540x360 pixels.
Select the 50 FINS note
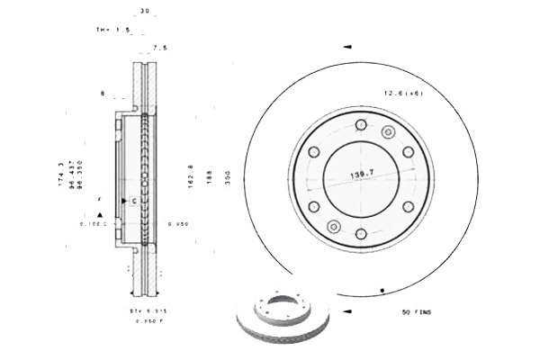(x=418, y=311)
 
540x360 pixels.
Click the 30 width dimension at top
(x=144, y=11)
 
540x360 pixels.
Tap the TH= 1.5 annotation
(x=114, y=30)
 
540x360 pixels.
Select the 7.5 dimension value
(x=160, y=46)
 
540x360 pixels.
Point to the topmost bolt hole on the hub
(x=361, y=124)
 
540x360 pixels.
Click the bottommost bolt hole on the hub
(x=361, y=235)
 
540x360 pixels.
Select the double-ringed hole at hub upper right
(x=389, y=132)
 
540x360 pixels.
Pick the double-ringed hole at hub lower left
(x=332, y=225)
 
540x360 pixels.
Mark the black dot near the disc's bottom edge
(x=382, y=290)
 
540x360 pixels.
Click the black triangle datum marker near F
(x=100, y=213)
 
